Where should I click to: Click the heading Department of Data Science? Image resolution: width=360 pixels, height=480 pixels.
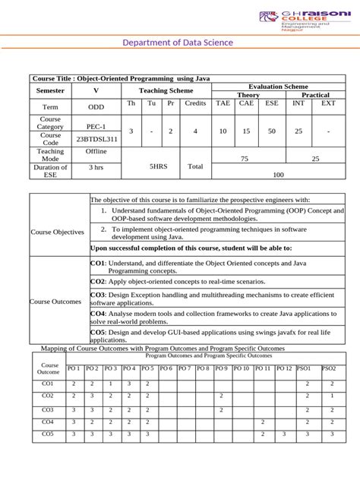(179, 43)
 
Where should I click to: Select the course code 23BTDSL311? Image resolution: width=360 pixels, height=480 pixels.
(96, 140)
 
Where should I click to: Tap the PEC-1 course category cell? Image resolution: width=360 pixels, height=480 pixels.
(96, 127)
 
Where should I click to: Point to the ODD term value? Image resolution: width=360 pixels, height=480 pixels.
(96, 108)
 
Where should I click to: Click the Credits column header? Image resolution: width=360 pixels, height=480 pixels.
(195, 103)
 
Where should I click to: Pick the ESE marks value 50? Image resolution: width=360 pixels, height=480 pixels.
(272, 131)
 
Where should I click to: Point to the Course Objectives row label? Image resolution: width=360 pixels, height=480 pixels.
(58, 232)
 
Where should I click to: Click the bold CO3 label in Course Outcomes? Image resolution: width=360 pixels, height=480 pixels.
(97, 295)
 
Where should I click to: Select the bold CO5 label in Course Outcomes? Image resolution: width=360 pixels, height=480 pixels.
(97, 332)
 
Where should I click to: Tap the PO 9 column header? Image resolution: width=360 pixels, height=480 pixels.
(220, 368)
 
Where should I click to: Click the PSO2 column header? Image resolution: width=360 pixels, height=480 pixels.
(329, 368)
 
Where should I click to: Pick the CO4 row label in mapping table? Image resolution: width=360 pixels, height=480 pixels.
(48, 422)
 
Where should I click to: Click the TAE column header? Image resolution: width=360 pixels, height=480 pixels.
(223, 103)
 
